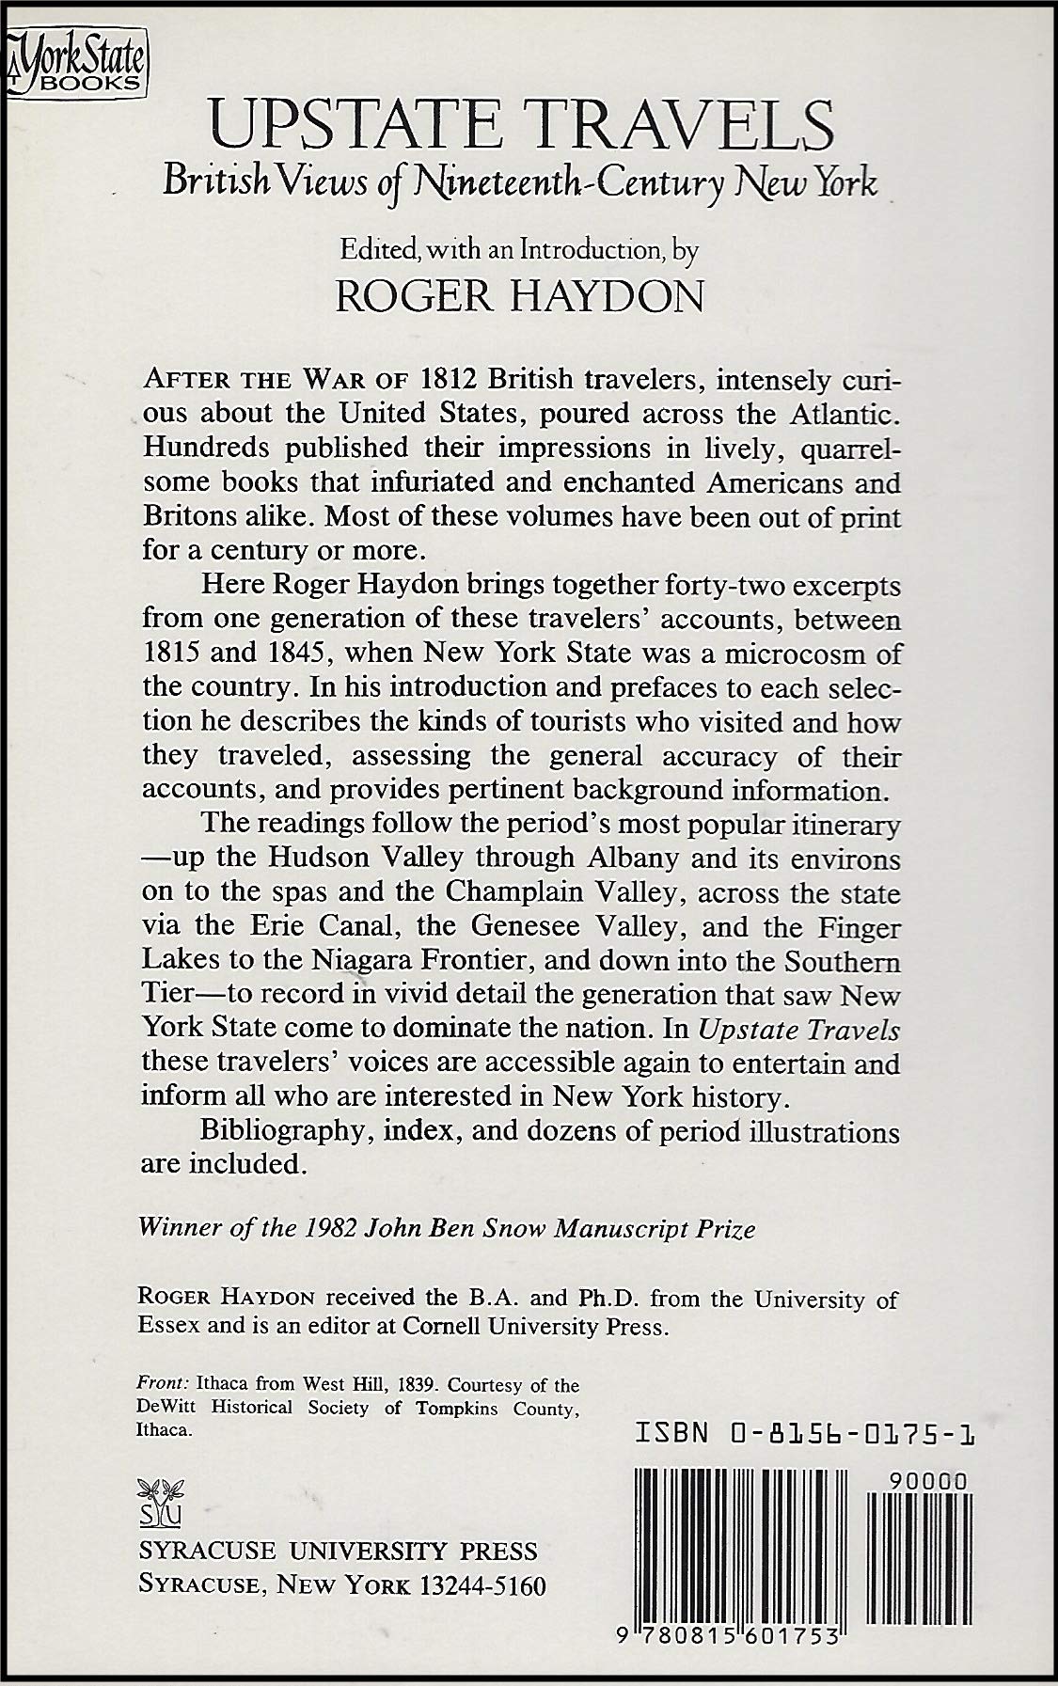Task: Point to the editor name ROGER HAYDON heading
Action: pyautogui.click(x=520, y=296)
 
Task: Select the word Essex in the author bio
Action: pyautogui.click(x=170, y=1327)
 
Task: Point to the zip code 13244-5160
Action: pyautogui.click(x=483, y=1585)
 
